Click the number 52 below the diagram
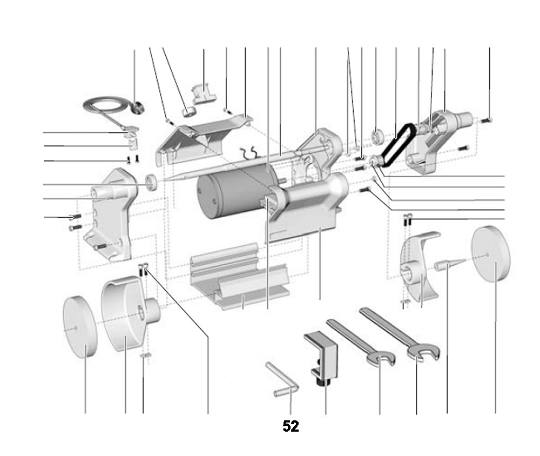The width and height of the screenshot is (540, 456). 291,426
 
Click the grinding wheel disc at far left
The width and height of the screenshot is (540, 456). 79,326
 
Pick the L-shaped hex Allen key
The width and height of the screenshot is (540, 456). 283,380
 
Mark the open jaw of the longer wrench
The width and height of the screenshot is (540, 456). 424,353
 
